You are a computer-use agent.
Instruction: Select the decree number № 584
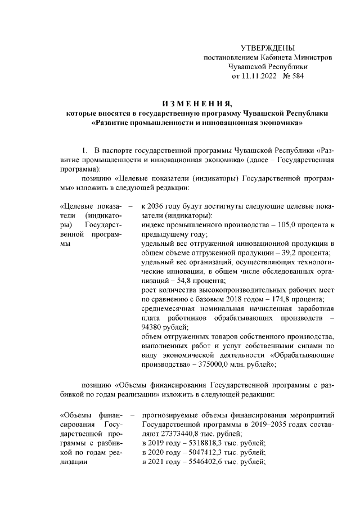(294, 76)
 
